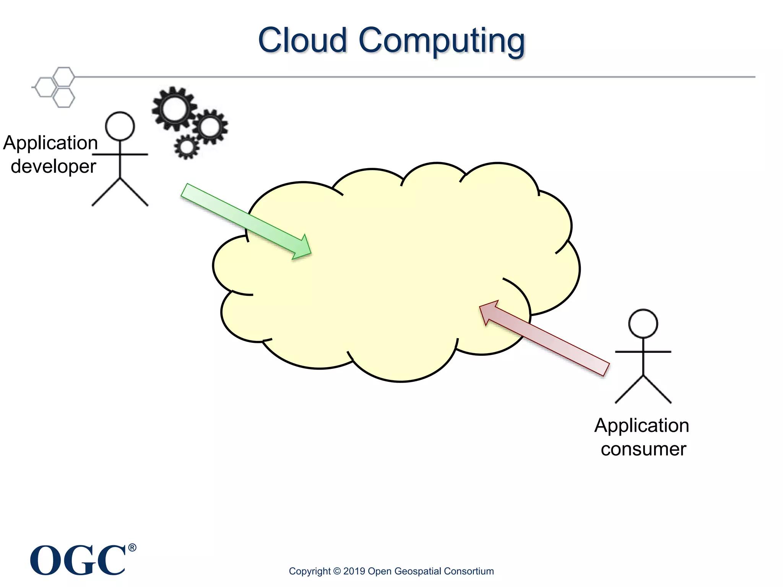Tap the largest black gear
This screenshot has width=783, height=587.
pos(174,109)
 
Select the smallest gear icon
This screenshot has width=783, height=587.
pos(187,147)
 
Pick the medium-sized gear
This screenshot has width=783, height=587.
pos(210,126)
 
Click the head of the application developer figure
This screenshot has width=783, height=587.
pos(120,126)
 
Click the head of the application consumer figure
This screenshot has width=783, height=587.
pos(643,324)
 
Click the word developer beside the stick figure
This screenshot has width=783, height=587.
pos(54,167)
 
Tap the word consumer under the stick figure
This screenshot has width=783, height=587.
pos(643,449)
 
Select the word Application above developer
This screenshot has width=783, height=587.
pos(50,143)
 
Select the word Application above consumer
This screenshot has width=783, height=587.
pos(642,426)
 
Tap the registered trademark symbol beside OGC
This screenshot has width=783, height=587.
pos(132,548)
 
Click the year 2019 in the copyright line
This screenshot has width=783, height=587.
pos(354,571)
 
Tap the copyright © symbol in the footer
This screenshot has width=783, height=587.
pos(337,571)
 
